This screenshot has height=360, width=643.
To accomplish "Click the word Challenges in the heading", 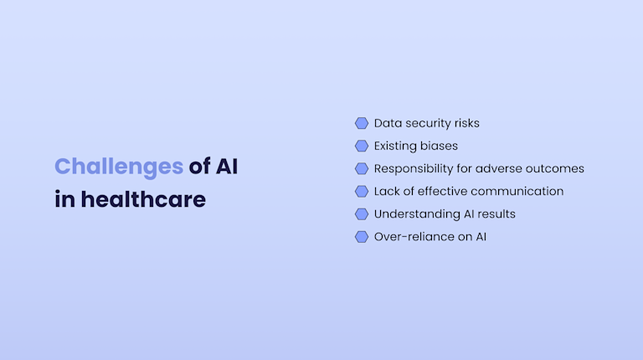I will coord(118,166).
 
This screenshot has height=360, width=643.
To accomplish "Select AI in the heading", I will coord(226,166).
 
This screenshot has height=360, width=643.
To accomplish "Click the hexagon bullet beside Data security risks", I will coord(362,123).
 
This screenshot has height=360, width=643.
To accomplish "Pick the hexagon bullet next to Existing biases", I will coord(362,146).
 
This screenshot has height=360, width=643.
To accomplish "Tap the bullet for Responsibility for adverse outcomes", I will coord(362,168).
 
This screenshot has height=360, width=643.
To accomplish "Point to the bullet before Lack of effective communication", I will coord(362,191).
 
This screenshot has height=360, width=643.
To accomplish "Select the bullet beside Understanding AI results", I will coord(362,213).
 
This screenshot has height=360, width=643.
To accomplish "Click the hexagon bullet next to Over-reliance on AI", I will coord(362,236).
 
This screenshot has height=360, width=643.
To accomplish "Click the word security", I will coord(429,123).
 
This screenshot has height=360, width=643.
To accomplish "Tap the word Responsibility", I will coord(414,168).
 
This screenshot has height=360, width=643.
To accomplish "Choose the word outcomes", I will coord(556,168).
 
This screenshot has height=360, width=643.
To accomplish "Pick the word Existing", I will coord(394,146).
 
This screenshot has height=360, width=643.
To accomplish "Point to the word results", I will coord(496,213).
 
